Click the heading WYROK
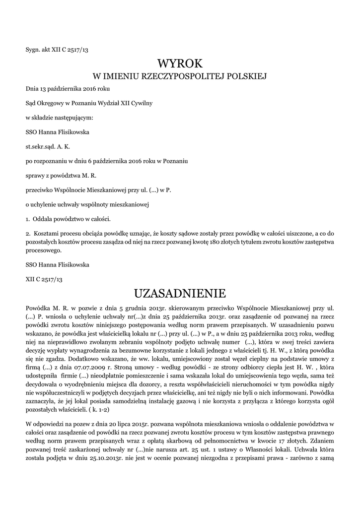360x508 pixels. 180,63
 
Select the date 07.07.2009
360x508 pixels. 96,356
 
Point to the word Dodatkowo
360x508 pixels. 66,349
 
